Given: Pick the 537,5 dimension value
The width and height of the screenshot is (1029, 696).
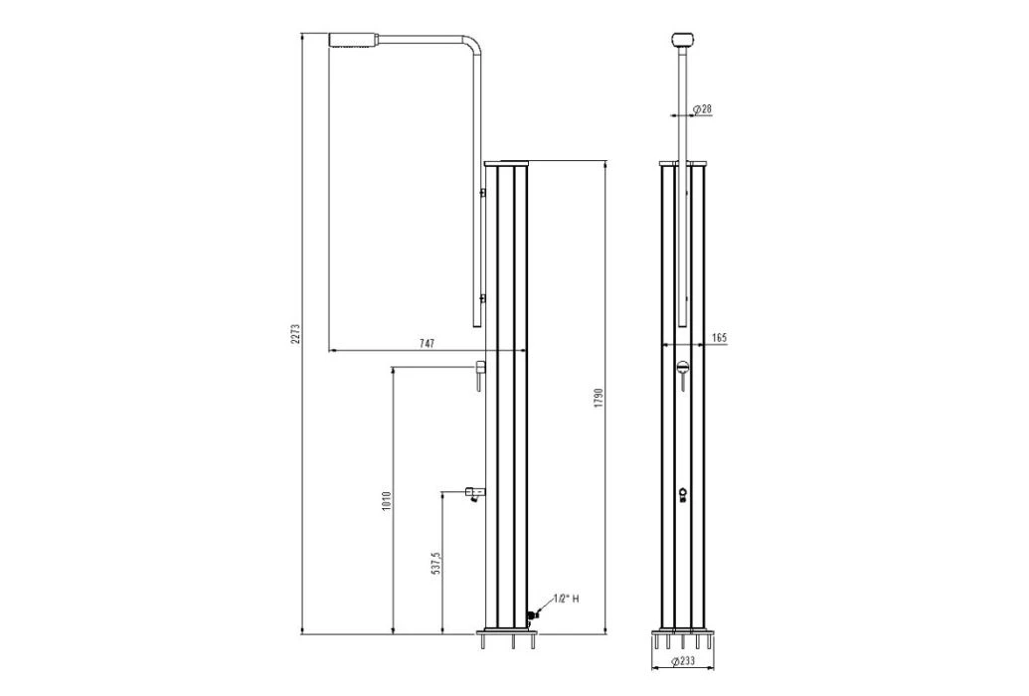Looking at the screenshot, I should tap(435, 565).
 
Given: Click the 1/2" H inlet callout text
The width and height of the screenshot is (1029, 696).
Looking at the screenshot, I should tap(566, 600).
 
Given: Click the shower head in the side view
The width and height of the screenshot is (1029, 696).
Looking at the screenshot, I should tap(355, 40).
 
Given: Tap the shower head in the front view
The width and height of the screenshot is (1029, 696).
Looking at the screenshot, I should tap(681, 40).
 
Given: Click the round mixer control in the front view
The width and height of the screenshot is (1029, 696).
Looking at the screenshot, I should tap(681, 369).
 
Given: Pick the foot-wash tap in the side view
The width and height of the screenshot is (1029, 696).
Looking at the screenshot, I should tap(472, 493).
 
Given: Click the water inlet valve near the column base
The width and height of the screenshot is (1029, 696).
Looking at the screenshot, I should tap(532, 616).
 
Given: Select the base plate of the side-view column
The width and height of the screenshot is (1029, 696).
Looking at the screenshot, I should tap(507, 631).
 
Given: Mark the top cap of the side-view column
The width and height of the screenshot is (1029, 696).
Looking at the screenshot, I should tap(508, 161).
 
